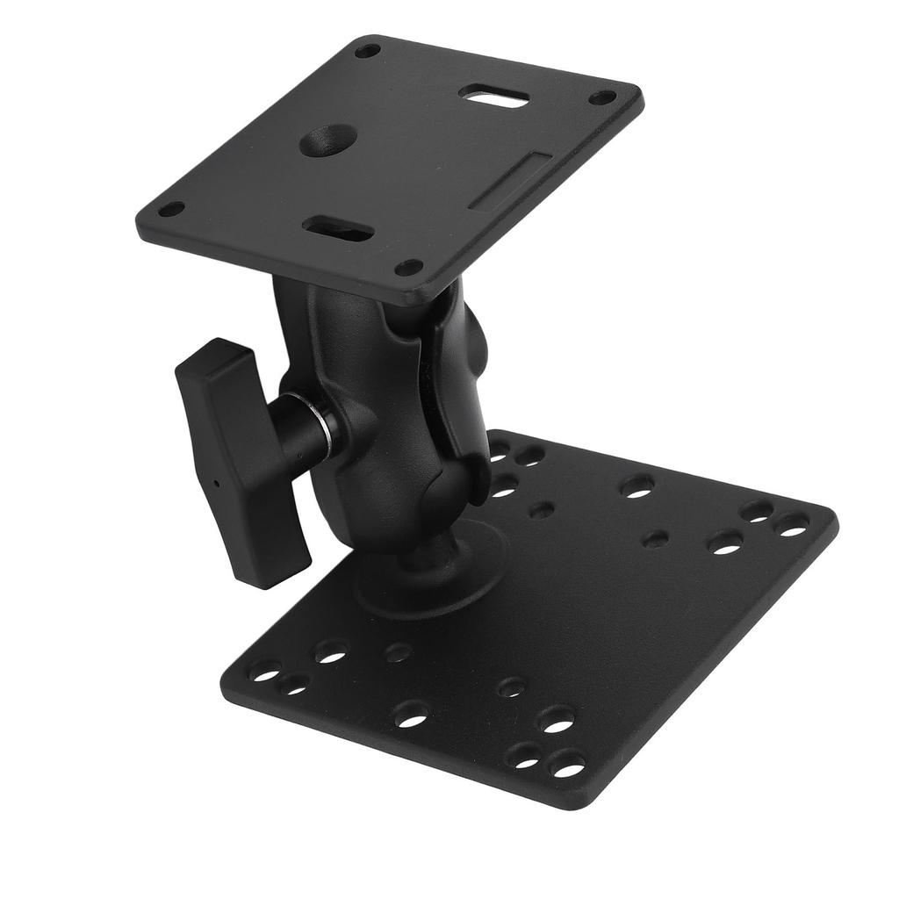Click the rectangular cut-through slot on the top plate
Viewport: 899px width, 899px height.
pos(497,97)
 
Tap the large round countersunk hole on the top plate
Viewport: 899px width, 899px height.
pos(328,140)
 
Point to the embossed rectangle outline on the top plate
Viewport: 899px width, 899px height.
pos(510,181)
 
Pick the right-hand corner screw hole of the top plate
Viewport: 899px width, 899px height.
pos(602,97)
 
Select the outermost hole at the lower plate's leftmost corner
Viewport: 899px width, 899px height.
pos(263,672)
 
